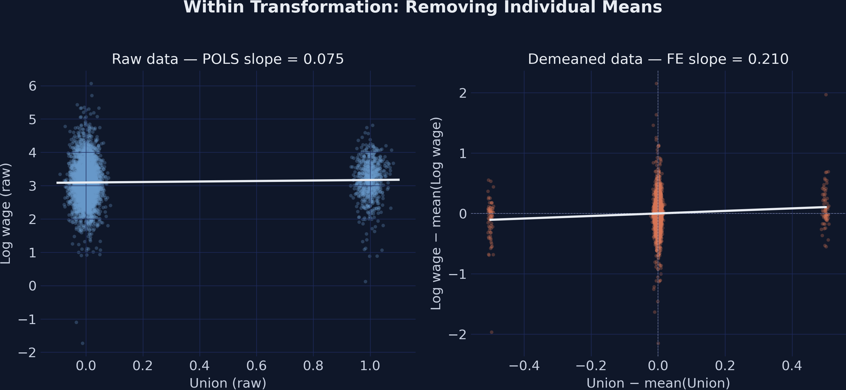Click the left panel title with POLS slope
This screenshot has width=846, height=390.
point(228,59)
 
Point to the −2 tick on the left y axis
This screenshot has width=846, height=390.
point(27,353)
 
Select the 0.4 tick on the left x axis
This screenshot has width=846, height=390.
point(199,365)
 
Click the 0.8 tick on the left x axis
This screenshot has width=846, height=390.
point(313,365)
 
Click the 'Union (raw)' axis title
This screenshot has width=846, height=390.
point(228,383)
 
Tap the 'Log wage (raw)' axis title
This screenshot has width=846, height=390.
point(6,213)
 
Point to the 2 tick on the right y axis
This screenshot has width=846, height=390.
point(463,93)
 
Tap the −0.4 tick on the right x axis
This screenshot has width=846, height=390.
point(524,365)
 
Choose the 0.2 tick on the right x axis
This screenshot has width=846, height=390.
point(725,365)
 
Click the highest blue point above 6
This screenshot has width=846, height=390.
point(91,84)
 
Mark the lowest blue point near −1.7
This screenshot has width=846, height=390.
point(83,343)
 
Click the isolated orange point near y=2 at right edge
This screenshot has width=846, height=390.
point(826,95)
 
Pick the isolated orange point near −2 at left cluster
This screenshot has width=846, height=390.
point(492,332)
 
